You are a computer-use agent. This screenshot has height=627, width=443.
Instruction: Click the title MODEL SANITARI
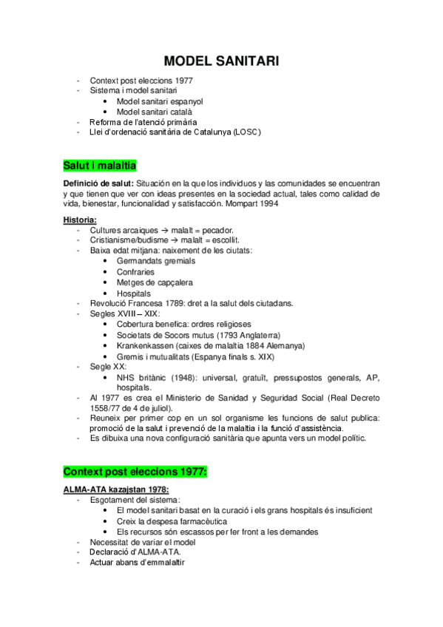[x=221, y=61]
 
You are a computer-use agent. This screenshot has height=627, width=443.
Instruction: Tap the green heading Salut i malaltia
[x=99, y=165]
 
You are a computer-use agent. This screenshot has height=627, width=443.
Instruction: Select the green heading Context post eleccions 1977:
[x=135, y=471]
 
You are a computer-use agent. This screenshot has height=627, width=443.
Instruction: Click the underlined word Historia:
[x=80, y=220]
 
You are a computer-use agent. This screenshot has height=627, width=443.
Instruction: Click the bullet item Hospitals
[x=134, y=293]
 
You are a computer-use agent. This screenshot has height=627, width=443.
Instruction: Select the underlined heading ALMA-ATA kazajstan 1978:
[x=116, y=489]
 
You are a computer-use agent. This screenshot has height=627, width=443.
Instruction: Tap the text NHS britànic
[x=144, y=376]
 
